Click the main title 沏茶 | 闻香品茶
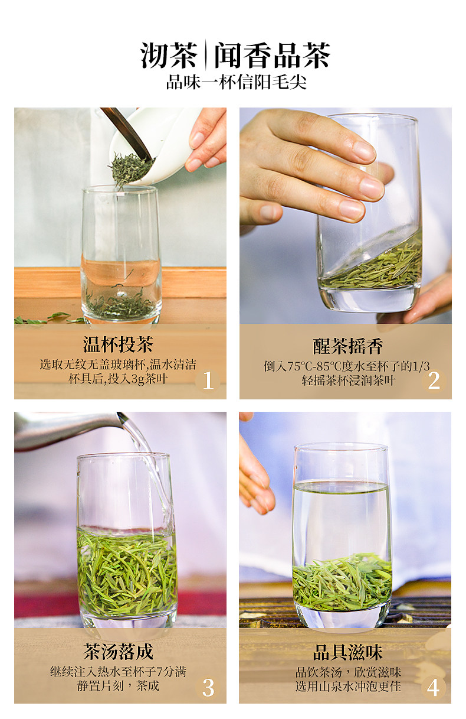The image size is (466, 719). pos(235,55)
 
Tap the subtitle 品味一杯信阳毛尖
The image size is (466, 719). pos(236,83)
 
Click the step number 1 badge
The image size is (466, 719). pos(208,380)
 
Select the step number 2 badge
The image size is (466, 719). pos(434,380)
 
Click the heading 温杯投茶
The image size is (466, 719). pos(118,345)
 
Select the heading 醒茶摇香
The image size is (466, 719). pos(348,346)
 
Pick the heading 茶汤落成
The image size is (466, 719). pos(118,652)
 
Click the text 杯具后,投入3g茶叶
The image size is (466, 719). pos(118,379)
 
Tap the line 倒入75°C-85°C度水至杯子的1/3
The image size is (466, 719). pos(347,366)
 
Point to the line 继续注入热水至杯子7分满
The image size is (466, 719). pos(118,672)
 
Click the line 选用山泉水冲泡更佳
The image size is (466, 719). pos(348,687)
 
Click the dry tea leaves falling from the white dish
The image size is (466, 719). pos(130,170)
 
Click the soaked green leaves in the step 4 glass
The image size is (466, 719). pos(342,581)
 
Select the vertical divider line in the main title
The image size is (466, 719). pos(205,54)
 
